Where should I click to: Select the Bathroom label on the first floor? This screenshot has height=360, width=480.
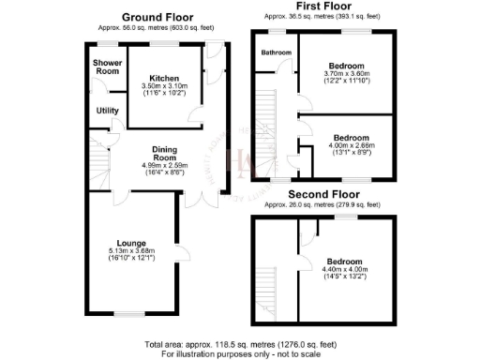point(277,53)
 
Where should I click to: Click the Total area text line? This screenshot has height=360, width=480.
point(240,343)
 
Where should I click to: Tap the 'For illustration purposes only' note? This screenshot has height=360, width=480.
point(240,353)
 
